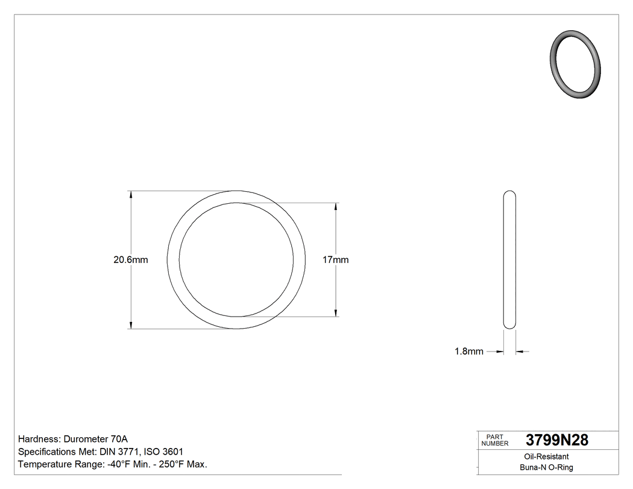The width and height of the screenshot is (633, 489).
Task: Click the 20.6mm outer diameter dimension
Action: [x=131, y=260]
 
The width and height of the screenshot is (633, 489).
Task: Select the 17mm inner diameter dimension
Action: [x=336, y=260]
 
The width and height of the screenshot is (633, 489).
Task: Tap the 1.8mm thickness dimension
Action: [x=468, y=352]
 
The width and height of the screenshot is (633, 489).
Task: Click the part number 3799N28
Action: [x=557, y=440]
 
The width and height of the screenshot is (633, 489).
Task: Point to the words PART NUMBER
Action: [x=495, y=440]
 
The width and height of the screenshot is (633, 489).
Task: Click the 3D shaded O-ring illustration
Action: [x=576, y=63]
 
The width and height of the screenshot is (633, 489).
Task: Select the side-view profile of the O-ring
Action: [x=509, y=260]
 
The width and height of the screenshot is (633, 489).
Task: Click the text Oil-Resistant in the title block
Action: [x=546, y=456]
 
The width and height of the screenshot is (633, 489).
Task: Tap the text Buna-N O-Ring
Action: [x=546, y=467]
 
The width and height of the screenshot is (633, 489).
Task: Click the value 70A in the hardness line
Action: [x=119, y=439]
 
